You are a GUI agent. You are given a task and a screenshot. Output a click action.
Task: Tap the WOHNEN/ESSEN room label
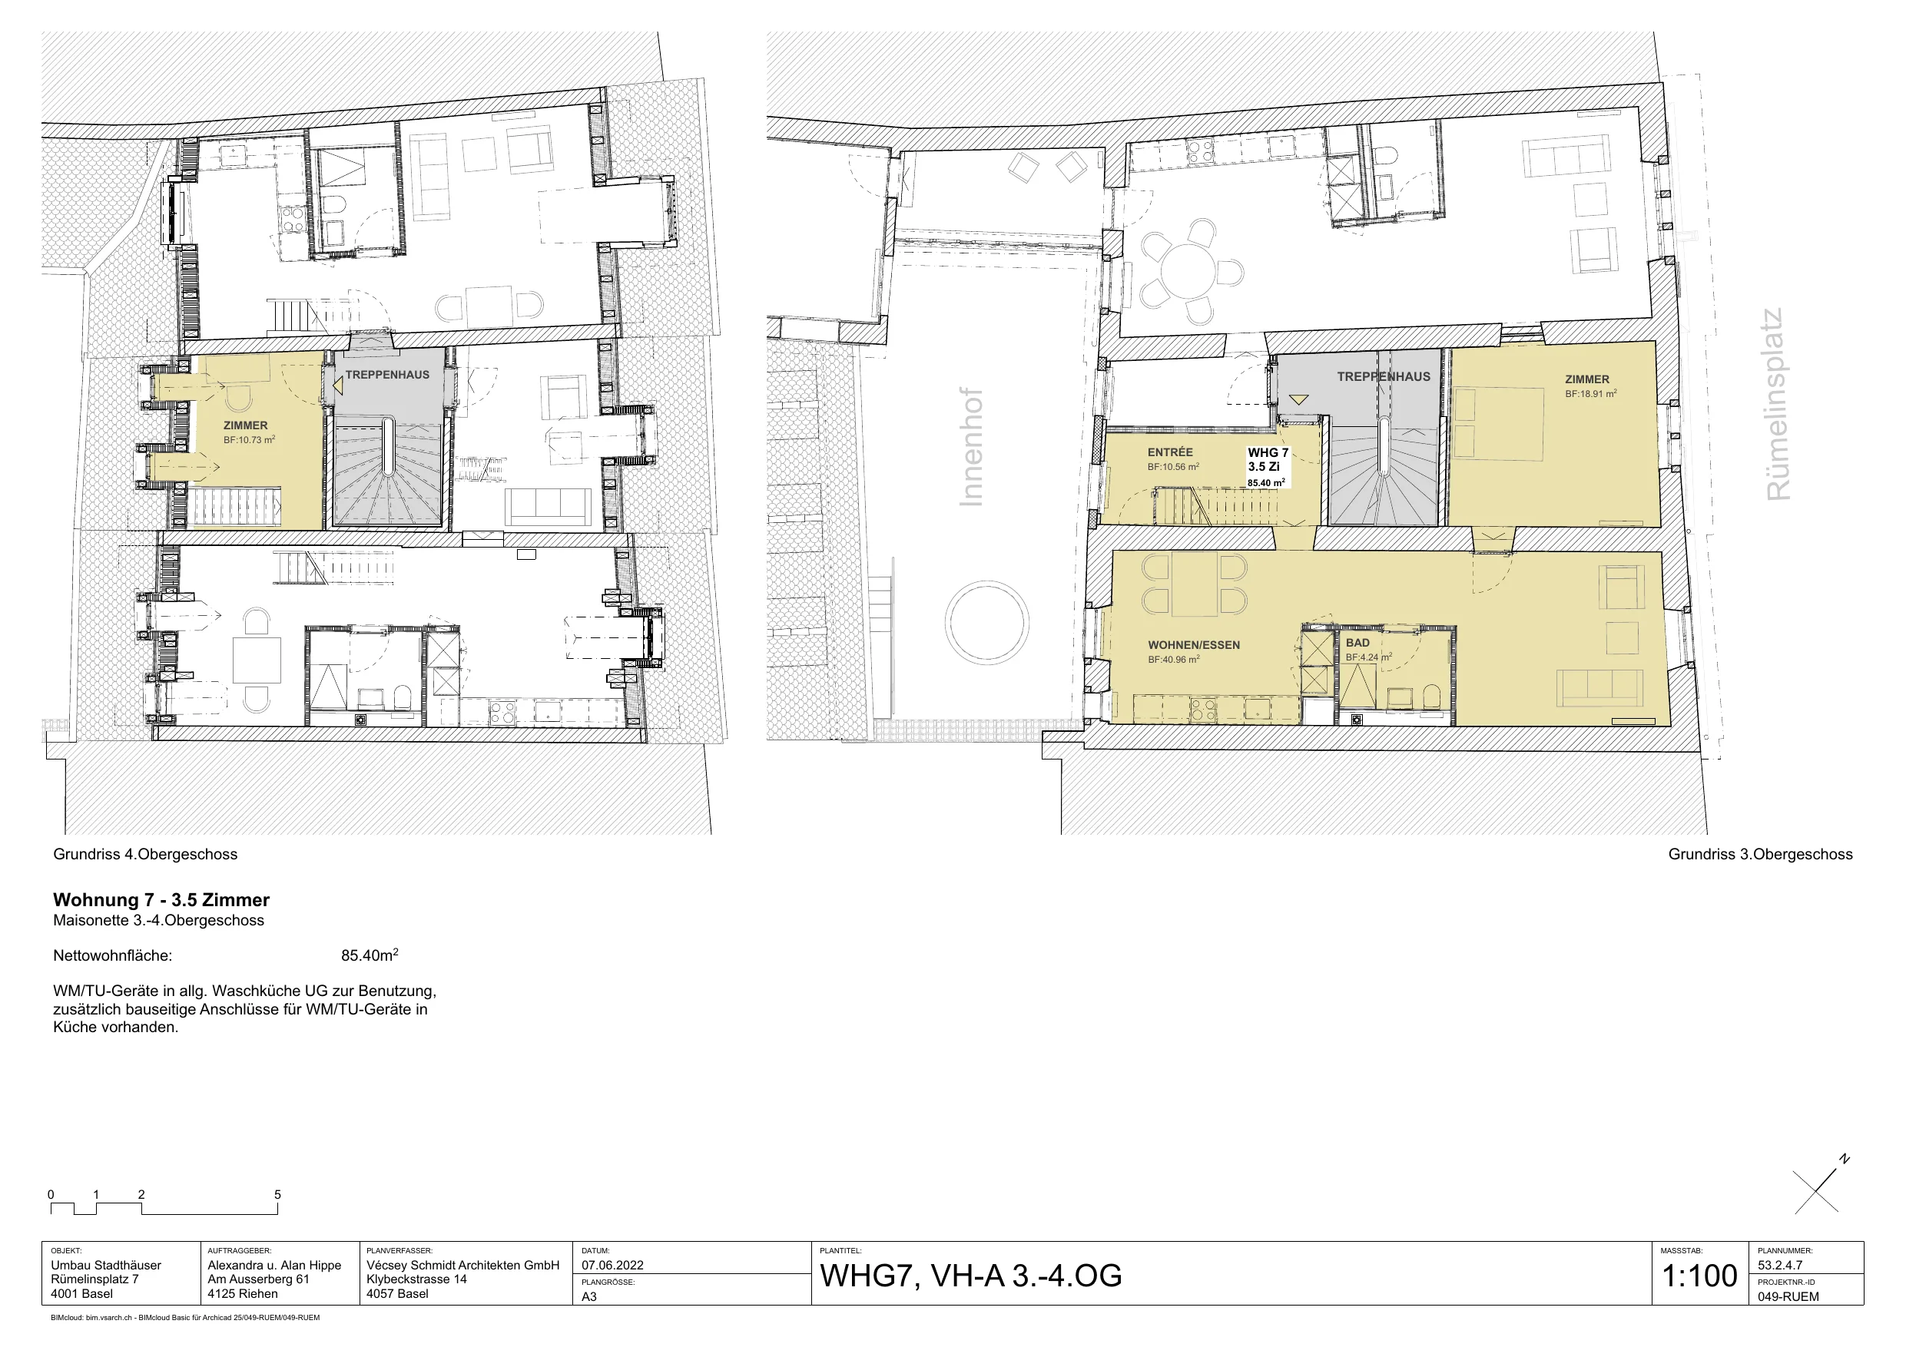[1194, 645]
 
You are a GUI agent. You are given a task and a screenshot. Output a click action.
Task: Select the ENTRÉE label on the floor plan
[1170, 452]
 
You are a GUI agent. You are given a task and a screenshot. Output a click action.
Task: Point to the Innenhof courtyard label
[970, 446]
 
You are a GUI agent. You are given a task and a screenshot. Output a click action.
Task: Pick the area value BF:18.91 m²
[1590, 394]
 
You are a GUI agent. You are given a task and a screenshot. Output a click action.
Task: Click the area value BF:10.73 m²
[249, 440]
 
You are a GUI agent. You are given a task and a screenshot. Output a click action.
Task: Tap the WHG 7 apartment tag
[1268, 453]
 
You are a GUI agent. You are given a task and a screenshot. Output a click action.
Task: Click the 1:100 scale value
[1699, 1276]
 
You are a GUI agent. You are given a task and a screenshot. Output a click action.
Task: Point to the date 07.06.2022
[612, 1266]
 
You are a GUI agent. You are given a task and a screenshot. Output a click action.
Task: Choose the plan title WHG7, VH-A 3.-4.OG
[970, 1276]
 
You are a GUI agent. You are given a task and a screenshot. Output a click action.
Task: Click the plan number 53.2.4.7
[1780, 1266]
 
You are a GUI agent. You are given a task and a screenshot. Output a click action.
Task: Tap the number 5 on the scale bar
[277, 1195]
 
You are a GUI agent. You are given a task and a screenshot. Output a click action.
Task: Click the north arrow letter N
[1845, 1160]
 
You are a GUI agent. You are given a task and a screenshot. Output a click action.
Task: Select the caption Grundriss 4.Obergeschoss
[145, 855]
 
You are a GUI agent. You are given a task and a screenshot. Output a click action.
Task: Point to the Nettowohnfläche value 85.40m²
[370, 955]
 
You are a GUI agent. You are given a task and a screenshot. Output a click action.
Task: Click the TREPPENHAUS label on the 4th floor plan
[388, 375]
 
